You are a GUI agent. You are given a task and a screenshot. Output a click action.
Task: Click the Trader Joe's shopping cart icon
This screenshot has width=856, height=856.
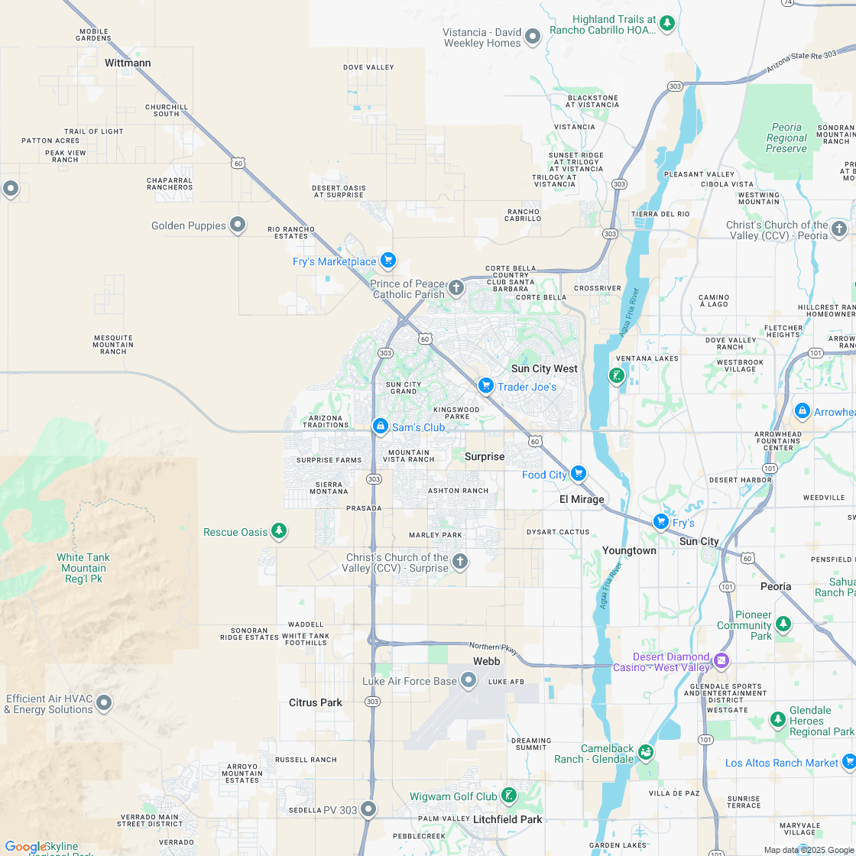click(x=485, y=386)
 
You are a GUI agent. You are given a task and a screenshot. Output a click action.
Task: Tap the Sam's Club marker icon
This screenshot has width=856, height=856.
click(x=380, y=426)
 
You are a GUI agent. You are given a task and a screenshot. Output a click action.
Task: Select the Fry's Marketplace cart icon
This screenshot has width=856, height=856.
click(x=387, y=261)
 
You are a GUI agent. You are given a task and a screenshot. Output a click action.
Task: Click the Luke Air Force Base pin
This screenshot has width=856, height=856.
click(x=469, y=679)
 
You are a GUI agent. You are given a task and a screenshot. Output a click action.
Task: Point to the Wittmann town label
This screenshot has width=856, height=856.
click(x=128, y=63)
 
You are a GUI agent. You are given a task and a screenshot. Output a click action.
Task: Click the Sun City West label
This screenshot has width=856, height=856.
click(x=544, y=368)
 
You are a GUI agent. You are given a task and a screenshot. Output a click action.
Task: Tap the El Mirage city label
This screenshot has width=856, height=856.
click(x=582, y=499)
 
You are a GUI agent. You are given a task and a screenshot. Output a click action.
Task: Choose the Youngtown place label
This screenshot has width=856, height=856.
click(x=629, y=550)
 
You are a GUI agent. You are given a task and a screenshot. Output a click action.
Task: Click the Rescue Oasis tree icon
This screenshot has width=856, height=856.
click(x=279, y=530)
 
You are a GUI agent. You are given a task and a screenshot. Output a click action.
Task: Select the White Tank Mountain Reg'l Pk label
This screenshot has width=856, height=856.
click(x=83, y=568)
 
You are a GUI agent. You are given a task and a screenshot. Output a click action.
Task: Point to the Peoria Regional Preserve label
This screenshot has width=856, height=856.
click(x=786, y=138)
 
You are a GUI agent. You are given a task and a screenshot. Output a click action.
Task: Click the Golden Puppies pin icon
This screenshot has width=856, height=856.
click(x=238, y=224)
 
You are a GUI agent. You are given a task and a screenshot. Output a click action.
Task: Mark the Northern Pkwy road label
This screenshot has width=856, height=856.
click(x=493, y=648)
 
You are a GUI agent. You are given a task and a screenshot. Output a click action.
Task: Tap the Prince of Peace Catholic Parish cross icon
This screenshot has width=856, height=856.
click(x=456, y=287)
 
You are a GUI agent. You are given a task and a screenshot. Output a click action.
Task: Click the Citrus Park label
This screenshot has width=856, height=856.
click(x=316, y=702)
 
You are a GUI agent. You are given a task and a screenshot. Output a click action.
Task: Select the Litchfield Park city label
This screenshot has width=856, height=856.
click(x=507, y=819)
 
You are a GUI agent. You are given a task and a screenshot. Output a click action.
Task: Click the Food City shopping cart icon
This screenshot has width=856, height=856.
click(x=578, y=474)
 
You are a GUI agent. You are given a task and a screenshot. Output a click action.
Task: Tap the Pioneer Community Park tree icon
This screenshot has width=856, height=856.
click(x=783, y=624)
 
